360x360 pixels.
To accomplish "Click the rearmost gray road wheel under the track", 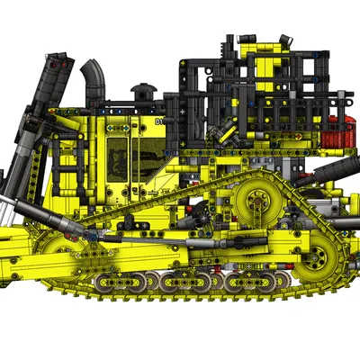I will [270, 282].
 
